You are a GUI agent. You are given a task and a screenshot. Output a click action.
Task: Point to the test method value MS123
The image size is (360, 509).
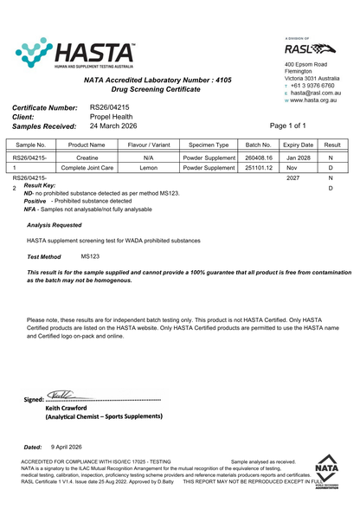[90, 256]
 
